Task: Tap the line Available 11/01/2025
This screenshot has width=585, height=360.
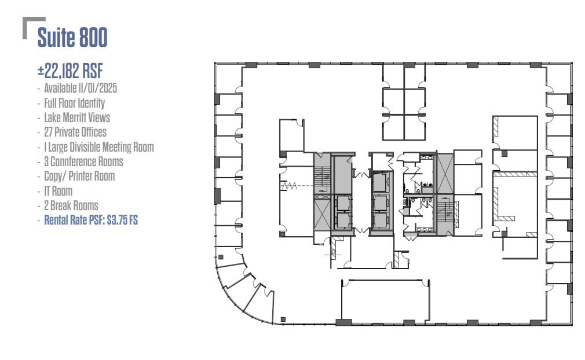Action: coord(81,89)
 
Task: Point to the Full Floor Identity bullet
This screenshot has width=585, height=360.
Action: coord(74,103)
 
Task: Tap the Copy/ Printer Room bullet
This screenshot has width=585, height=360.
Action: coord(79,176)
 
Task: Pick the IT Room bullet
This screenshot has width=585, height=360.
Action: coord(58,191)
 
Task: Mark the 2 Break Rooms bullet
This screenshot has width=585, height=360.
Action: coord(71,205)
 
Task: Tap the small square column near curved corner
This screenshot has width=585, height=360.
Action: coord(283,319)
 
